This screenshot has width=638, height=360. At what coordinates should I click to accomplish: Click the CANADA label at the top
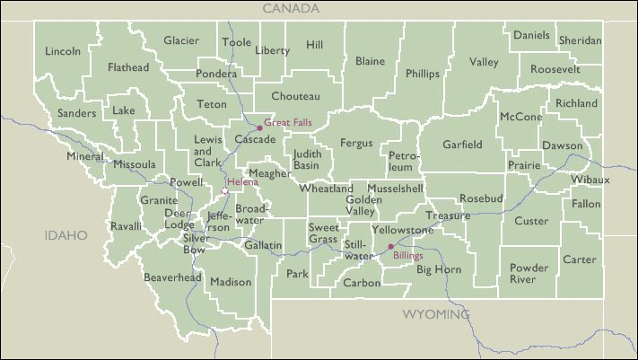(x=291, y=8)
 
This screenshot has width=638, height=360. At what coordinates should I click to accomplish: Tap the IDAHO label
(x=67, y=235)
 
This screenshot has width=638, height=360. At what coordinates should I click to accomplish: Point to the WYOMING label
(x=435, y=315)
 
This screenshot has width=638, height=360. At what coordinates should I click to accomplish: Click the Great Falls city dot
(x=260, y=127)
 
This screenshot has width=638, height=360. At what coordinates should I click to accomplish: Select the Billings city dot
(x=390, y=246)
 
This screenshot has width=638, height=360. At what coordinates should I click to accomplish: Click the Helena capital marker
(x=224, y=190)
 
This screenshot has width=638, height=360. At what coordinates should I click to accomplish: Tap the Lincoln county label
(x=63, y=51)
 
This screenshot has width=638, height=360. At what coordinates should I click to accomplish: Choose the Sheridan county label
(x=580, y=41)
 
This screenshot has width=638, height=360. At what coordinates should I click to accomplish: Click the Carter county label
(x=579, y=259)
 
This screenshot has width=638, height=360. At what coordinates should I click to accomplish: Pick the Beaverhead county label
(x=172, y=278)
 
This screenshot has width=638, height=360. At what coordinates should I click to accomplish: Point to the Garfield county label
(x=462, y=145)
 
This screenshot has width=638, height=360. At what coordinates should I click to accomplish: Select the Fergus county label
(x=356, y=143)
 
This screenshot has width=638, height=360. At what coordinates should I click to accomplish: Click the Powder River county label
(x=529, y=273)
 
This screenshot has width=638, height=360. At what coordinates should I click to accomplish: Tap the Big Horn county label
(x=439, y=269)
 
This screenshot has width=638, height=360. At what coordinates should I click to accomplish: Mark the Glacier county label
(x=181, y=40)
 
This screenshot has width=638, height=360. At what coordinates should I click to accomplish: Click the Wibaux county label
(x=590, y=180)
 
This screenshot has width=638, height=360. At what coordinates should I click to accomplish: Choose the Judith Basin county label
(x=306, y=160)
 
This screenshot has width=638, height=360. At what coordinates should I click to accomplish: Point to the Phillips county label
(x=423, y=74)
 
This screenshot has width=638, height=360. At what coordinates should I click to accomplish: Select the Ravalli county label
(x=126, y=226)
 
